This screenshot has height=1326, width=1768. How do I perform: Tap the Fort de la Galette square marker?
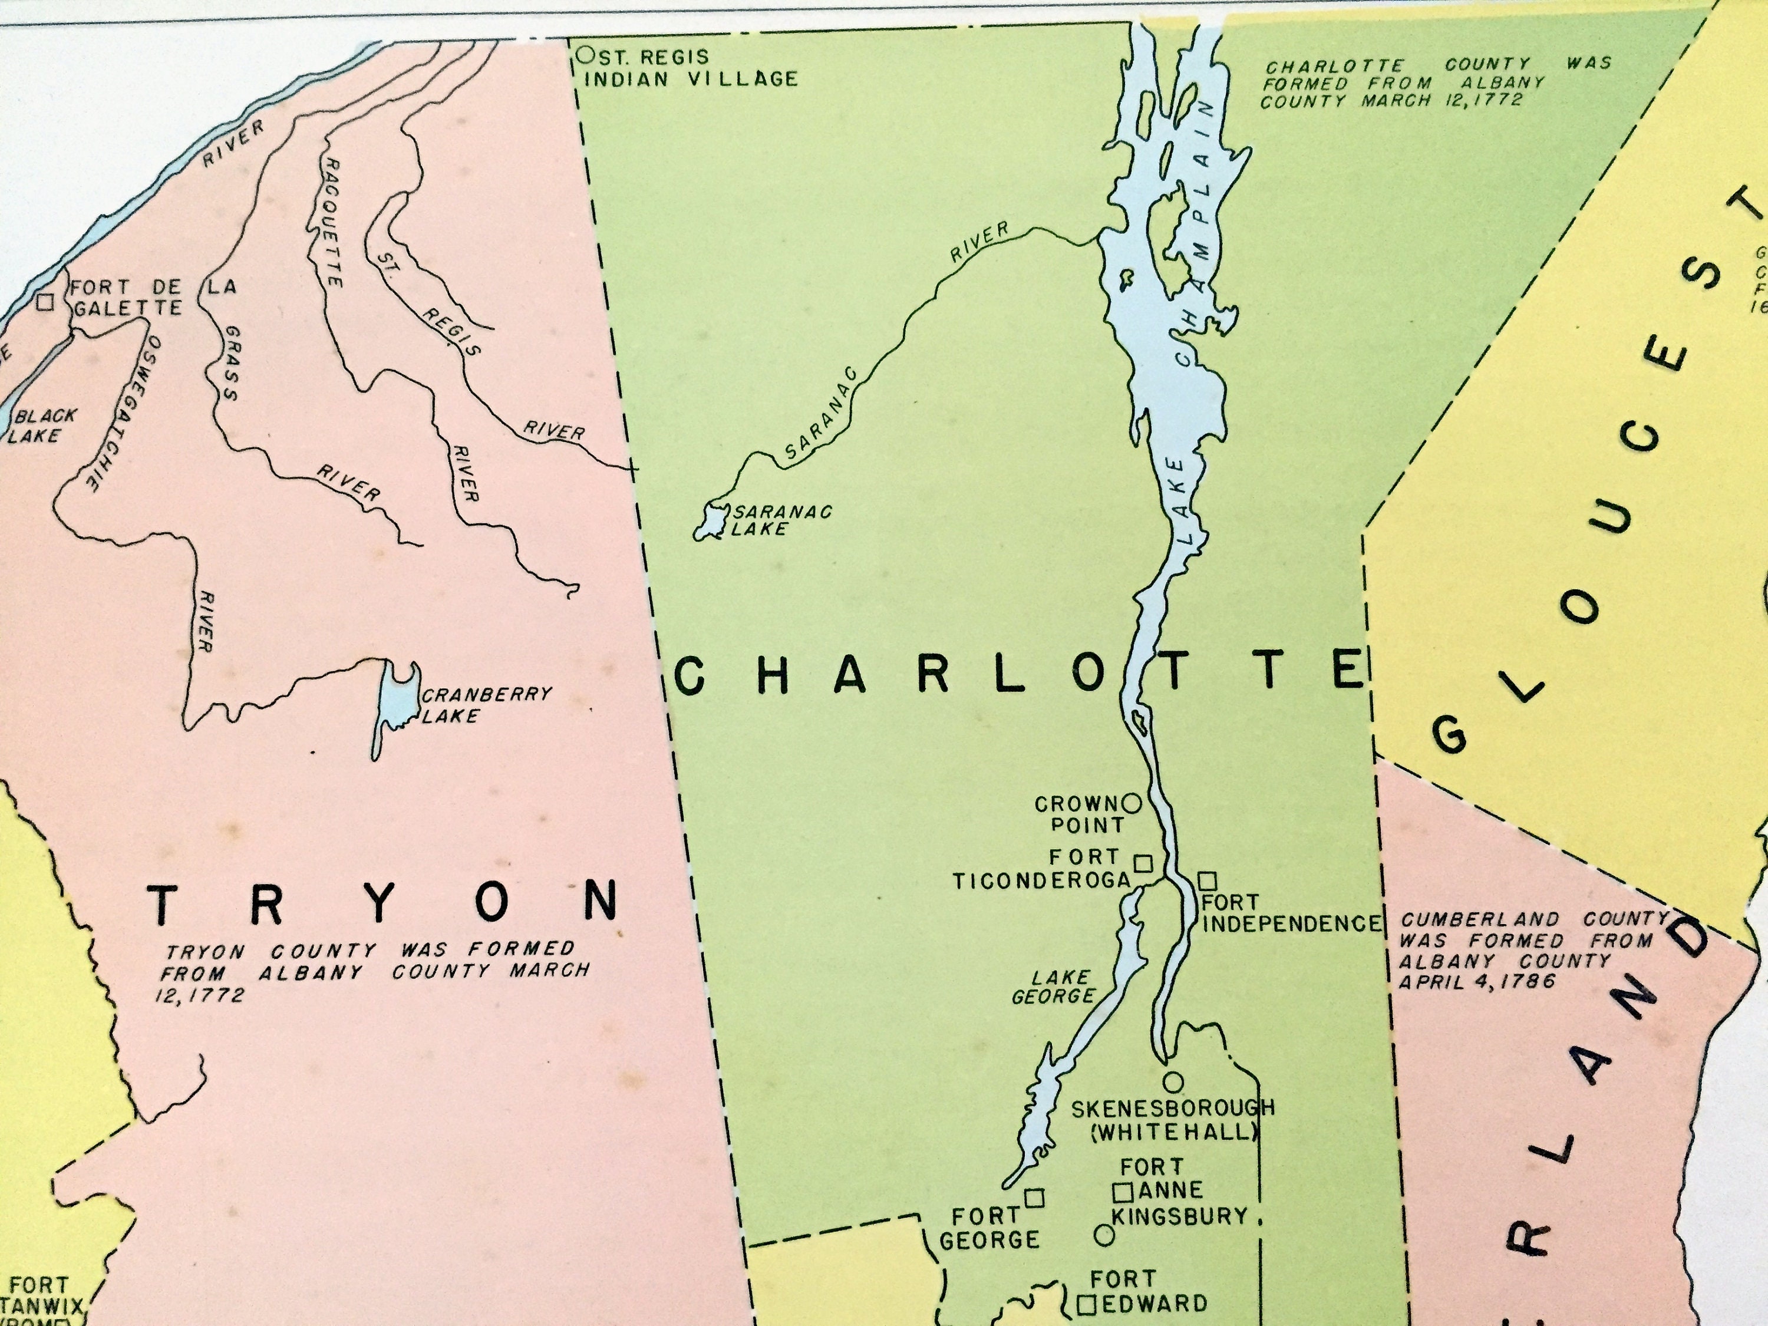click(x=45, y=302)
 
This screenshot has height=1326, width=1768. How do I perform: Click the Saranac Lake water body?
click(x=709, y=523)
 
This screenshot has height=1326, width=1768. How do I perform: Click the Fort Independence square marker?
click(x=1207, y=882)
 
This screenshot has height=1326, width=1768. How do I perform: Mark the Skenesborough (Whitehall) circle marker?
click(x=1173, y=1082)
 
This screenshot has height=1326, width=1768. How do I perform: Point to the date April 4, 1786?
click(x=1476, y=981)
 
